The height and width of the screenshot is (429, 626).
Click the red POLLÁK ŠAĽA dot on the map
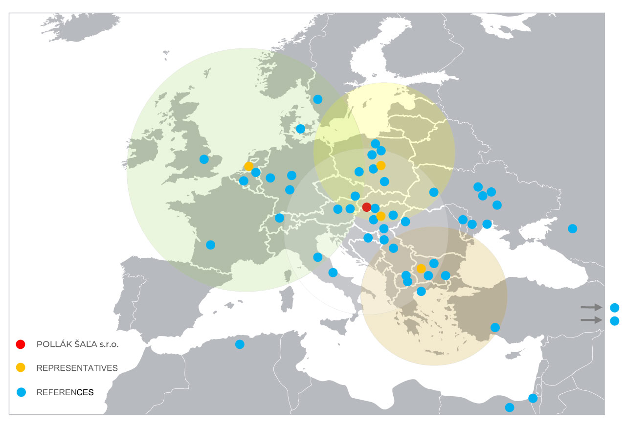click(367, 207)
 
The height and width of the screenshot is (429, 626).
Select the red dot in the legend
click(21, 344)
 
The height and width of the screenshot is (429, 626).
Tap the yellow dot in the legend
click(21, 367)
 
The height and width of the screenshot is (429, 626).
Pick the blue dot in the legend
click(21, 392)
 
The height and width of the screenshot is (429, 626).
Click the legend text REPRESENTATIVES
click(77, 368)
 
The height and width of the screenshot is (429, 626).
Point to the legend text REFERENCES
click(65, 392)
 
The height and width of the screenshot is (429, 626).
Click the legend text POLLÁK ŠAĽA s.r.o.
click(78, 344)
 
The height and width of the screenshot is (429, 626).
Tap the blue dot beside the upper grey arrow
click(615, 308)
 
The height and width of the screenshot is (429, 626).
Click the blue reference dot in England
click(204, 159)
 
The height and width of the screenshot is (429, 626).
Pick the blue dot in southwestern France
click(210, 245)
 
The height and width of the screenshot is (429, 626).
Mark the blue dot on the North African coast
click(240, 344)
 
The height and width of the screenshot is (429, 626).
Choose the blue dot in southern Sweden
click(317, 99)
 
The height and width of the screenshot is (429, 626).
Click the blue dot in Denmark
click(301, 129)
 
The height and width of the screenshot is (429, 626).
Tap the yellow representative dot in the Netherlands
click(248, 166)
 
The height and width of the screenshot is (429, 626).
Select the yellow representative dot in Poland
click(381, 165)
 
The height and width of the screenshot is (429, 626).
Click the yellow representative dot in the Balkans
click(421, 269)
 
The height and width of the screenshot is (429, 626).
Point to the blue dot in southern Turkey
click(495, 327)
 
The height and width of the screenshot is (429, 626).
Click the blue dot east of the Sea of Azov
click(573, 228)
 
